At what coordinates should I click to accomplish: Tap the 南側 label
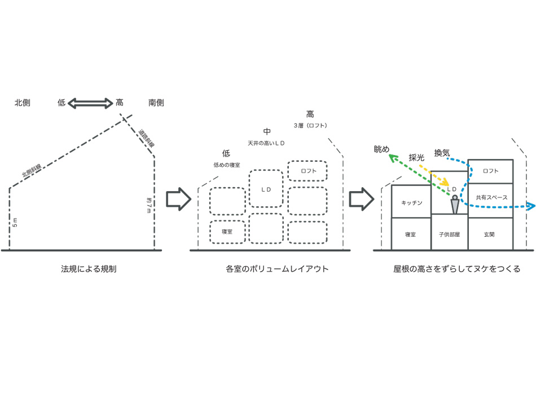(x=156, y=103)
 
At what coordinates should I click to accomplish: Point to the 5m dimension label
(x=15, y=222)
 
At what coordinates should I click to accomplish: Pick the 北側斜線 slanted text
(x=32, y=170)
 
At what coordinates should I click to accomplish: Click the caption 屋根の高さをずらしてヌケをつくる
(x=457, y=269)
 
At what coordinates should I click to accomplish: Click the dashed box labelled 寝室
(x=227, y=232)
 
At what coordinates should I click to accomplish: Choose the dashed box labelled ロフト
(x=307, y=171)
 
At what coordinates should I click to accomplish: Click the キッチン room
(x=411, y=202)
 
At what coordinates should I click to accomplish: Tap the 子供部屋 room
(x=449, y=233)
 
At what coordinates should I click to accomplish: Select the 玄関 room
(x=490, y=233)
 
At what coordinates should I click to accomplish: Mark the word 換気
(x=442, y=152)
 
